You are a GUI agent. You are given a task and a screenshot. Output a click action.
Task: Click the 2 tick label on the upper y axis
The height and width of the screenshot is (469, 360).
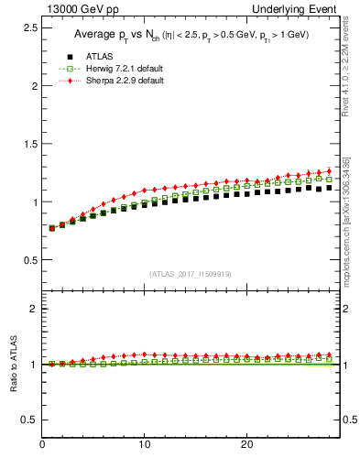point(33,86)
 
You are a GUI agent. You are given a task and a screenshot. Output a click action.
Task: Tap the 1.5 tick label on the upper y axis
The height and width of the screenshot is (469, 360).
point(28,144)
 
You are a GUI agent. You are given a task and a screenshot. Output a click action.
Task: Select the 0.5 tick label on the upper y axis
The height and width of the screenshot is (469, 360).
point(28,260)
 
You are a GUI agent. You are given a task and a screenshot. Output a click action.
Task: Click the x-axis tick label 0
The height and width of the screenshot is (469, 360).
point(42,444)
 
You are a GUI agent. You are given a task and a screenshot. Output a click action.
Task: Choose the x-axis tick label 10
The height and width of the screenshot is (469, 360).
point(144,444)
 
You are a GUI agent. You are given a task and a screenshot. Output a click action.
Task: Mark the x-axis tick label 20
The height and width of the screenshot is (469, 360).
point(245,444)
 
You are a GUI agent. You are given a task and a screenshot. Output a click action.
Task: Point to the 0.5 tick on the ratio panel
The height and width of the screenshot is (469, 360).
point(28,420)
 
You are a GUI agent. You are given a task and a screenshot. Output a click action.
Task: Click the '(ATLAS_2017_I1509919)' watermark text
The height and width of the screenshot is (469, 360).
point(190,274)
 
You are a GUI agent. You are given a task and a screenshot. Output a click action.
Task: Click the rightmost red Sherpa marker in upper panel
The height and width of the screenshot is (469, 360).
point(329,170)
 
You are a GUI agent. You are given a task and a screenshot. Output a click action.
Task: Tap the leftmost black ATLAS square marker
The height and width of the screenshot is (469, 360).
point(52,228)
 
